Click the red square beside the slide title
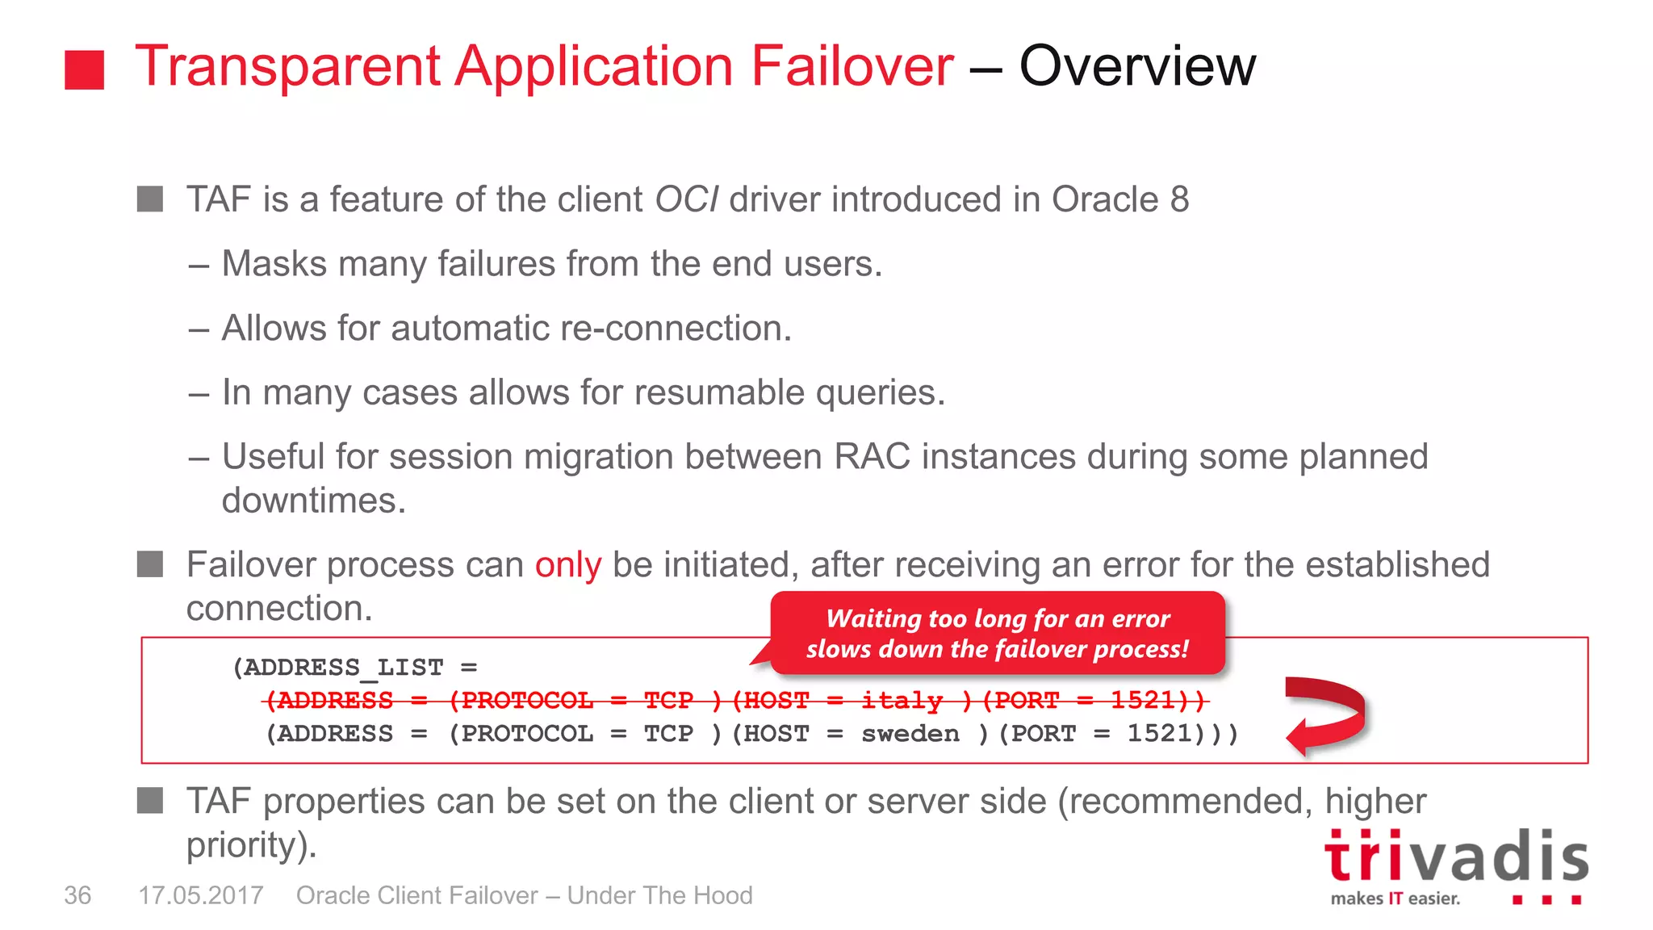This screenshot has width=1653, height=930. click(x=85, y=69)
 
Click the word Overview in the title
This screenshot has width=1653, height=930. click(x=1137, y=66)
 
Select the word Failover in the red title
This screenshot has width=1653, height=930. click(x=852, y=66)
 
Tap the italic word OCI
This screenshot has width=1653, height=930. click(x=686, y=199)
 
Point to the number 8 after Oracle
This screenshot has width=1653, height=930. click(x=1179, y=199)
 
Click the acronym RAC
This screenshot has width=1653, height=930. click(x=872, y=457)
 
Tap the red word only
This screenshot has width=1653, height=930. click(x=568, y=565)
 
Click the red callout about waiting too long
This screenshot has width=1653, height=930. click(x=998, y=634)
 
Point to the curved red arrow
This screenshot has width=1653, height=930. click(x=1325, y=714)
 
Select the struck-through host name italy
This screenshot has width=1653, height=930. click(x=902, y=700)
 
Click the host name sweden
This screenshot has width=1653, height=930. click(x=910, y=734)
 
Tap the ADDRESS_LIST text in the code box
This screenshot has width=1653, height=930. click(x=344, y=668)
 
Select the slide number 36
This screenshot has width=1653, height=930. click(x=77, y=895)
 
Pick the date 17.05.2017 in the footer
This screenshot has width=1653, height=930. click(x=201, y=895)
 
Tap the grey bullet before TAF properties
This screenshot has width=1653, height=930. click(x=150, y=801)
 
